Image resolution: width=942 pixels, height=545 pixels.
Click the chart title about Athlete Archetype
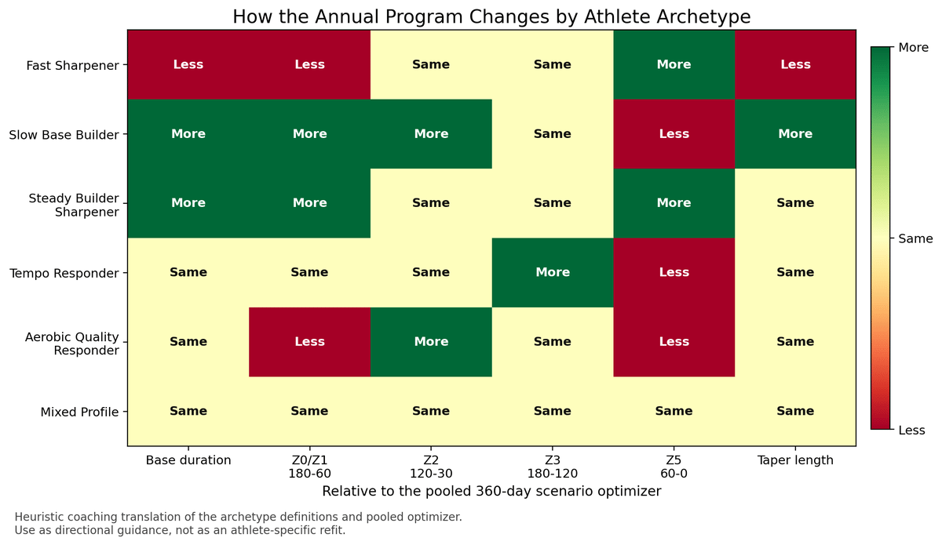click(491, 16)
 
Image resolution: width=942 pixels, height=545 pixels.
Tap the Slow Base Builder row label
click(64, 134)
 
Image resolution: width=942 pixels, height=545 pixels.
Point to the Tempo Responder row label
click(64, 273)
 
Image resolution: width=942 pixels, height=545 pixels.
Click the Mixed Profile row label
click(81, 412)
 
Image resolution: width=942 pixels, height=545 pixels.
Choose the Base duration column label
click(188, 460)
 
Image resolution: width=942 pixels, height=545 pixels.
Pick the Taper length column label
click(795, 460)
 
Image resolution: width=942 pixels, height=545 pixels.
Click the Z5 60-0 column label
click(674, 467)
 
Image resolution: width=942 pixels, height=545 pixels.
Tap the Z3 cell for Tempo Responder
click(552, 272)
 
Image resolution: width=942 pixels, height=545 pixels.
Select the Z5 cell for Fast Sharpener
click(674, 64)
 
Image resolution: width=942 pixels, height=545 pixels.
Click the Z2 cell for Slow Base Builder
click(431, 134)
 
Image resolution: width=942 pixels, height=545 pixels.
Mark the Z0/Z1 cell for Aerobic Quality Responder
click(309, 342)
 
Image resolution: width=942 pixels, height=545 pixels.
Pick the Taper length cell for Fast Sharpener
click(795, 64)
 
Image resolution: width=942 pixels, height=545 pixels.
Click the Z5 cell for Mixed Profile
click(674, 411)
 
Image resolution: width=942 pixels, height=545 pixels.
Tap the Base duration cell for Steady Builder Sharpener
click(188, 203)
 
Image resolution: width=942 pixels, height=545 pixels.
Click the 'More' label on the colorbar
click(913, 48)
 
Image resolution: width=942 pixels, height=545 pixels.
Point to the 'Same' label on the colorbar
click(915, 238)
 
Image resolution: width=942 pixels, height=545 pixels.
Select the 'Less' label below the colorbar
click(911, 430)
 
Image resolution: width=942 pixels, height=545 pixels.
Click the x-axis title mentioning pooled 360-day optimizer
click(491, 492)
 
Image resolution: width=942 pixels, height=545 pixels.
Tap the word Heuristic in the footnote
click(38, 517)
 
